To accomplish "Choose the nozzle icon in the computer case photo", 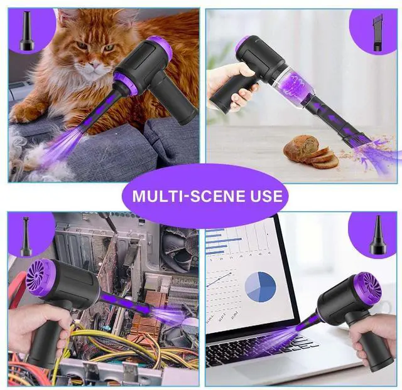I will [x=26, y=236].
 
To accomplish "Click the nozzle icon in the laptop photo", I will [x=378, y=236].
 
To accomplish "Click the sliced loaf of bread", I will [x=310, y=152].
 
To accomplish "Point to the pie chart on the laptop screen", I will [x=260, y=286].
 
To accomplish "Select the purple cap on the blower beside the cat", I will [x=160, y=48].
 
